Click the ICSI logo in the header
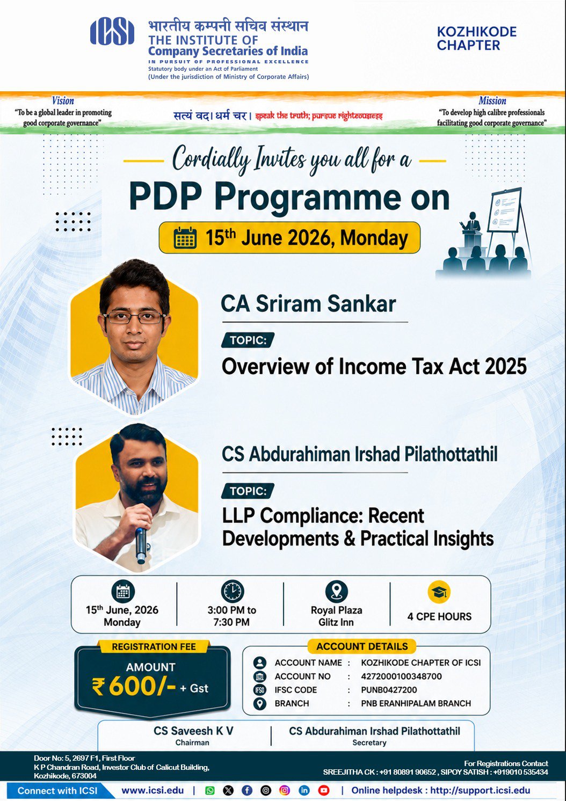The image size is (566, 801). tap(112, 32)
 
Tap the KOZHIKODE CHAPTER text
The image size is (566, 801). tap(476, 39)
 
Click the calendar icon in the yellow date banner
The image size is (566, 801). tap(185, 238)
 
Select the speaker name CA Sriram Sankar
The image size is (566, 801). tap(308, 304)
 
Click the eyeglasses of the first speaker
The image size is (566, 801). tap(135, 317)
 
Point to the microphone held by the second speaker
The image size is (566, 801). tap(141, 545)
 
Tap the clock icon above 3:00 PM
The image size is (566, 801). tap(232, 592)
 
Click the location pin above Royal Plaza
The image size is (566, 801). tap(336, 592)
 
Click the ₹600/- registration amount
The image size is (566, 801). tap(134, 687)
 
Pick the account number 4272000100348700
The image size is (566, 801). tap(402, 676)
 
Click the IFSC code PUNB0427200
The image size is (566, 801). tap(389, 690)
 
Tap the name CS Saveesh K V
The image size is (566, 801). tap(193, 731)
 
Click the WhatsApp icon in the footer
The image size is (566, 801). tap(210, 790)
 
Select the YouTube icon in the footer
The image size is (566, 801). tap(324, 790)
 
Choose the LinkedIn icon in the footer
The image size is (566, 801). tap(304, 790)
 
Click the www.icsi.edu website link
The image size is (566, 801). tap(153, 790)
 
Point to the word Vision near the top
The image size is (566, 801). tap(63, 101)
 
